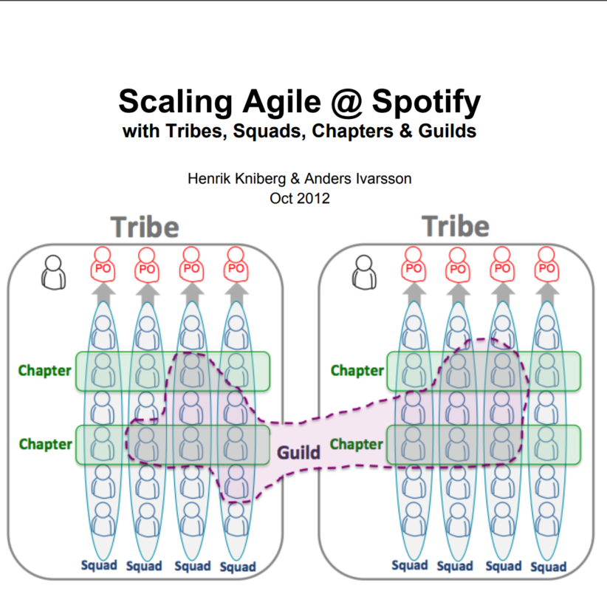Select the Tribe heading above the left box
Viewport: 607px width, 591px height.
click(x=145, y=227)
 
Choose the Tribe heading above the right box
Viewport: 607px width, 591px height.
click(x=456, y=227)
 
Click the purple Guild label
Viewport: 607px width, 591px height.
click(x=298, y=451)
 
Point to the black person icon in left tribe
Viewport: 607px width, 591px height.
click(x=52, y=272)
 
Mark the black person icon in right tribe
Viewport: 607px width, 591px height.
click(x=364, y=272)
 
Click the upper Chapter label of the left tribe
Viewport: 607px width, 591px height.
click(x=46, y=370)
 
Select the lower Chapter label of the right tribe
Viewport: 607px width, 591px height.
click(x=357, y=444)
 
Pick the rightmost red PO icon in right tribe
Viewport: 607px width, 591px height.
click(x=546, y=268)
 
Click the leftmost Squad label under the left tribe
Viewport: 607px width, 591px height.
click(x=99, y=565)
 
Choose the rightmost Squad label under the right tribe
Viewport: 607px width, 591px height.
click(x=548, y=567)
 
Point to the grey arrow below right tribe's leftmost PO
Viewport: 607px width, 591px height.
click(x=414, y=293)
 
